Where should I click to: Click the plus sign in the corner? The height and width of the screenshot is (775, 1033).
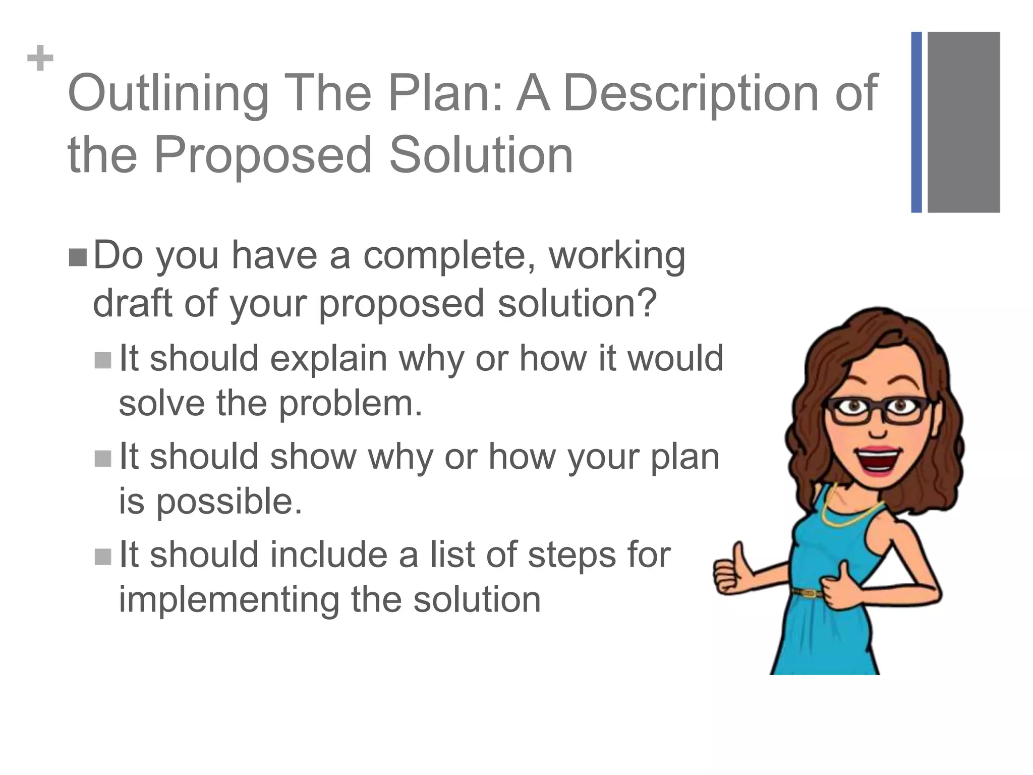click(40, 59)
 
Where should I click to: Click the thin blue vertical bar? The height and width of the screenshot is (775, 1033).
click(916, 122)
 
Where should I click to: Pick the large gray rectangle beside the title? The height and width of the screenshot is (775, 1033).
click(963, 122)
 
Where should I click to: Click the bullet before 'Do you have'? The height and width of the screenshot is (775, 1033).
click(78, 258)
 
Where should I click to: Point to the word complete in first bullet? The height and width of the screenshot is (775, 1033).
click(446, 256)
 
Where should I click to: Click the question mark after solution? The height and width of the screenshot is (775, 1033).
click(647, 302)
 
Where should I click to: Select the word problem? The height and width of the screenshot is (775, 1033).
click(350, 404)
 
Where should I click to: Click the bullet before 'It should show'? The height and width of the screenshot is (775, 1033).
click(103, 458)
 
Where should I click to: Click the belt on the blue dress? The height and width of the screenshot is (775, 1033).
click(807, 592)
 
